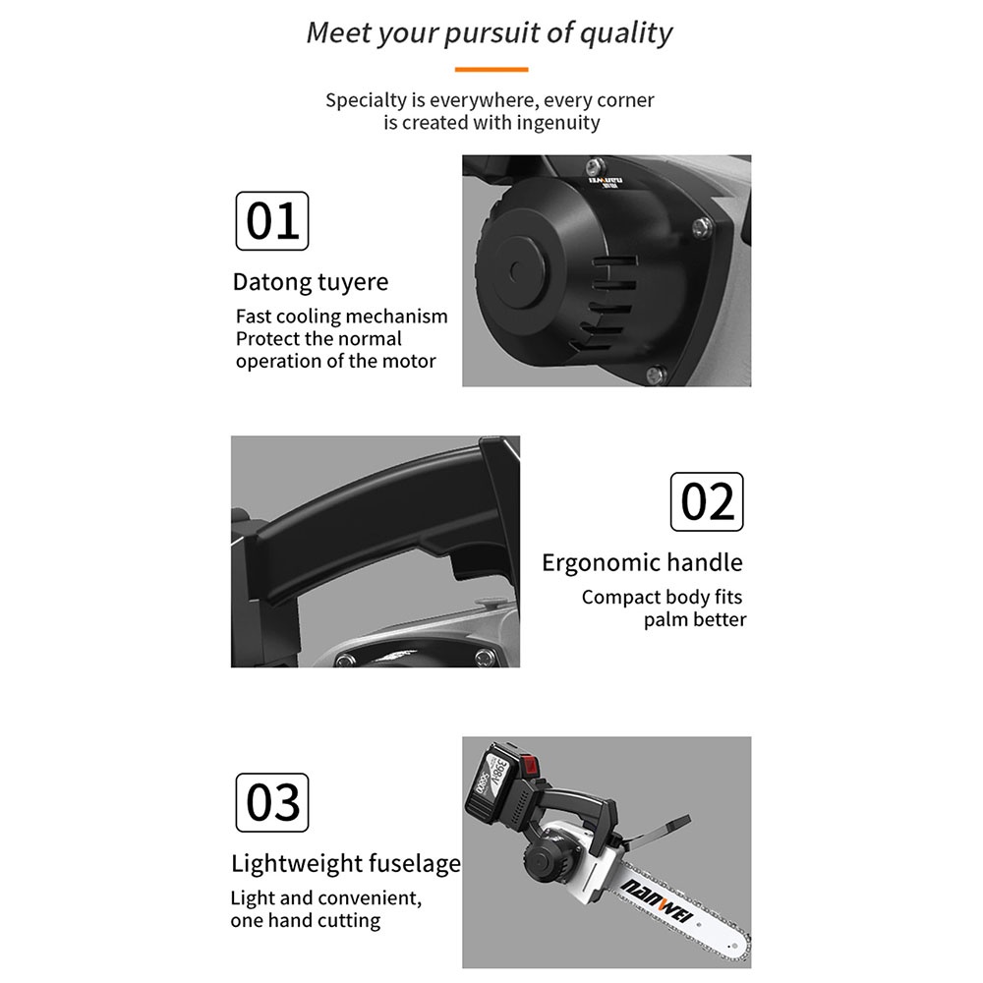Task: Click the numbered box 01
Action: [272, 220]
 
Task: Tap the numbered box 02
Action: [707, 501]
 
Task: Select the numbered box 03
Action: [272, 802]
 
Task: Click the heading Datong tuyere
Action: [311, 282]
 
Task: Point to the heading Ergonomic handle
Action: [642, 562]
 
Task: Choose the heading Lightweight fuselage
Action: [346, 863]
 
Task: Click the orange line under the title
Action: [491, 70]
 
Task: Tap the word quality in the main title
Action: [625, 33]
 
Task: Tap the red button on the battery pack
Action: [531, 766]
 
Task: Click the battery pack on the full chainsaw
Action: [501, 781]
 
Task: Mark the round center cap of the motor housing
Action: [520, 271]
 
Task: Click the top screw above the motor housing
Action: [595, 167]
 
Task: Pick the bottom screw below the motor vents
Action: [656, 375]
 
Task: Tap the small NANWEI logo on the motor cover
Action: [605, 183]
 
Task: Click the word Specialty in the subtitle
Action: [366, 101]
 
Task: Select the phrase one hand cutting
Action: [306, 921]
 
